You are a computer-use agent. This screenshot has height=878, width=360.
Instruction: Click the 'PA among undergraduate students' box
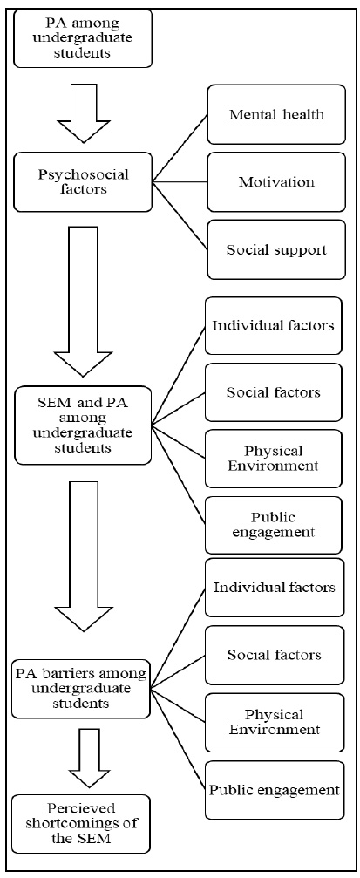coord(83,38)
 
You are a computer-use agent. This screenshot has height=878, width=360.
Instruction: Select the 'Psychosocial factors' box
coord(83,181)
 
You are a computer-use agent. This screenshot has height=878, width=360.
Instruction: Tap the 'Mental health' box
coord(276,115)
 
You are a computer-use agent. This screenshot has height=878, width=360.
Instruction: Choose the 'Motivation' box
coord(276,182)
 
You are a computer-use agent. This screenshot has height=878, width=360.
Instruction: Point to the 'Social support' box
coord(276,249)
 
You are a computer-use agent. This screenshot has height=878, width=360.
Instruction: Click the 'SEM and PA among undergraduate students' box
coord(83,425)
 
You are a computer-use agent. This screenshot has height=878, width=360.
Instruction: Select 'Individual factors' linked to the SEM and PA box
coord(273,326)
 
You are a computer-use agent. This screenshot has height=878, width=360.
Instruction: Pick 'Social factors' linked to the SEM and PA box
coord(273,392)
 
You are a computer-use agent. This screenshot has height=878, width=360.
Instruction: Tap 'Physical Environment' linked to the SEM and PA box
coord(273,458)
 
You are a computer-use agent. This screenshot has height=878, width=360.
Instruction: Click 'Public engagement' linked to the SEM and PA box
coord(273,524)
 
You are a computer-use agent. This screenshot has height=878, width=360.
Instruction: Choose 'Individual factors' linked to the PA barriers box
coord(273,588)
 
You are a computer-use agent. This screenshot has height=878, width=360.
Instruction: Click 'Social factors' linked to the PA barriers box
coord(273,655)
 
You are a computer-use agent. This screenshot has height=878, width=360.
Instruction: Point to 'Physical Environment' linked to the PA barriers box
coord(273,722)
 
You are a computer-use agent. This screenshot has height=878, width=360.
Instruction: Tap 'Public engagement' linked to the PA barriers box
coord(273,790)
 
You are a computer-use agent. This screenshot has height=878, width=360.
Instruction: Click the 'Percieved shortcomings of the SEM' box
coord(83,822)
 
